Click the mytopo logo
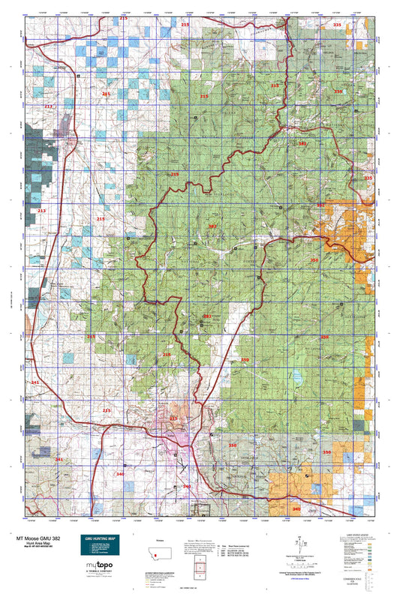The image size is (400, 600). click(x=99, y=569)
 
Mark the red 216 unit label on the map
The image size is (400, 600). click(x=167, y=355)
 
